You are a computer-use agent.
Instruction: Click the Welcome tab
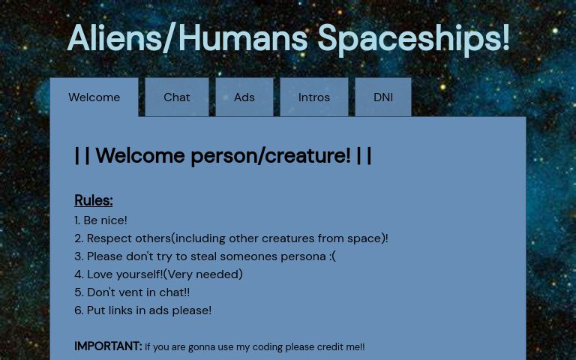(94, 97)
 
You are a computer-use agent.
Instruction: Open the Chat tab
(177, 97)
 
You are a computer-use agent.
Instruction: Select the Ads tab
(244, 97)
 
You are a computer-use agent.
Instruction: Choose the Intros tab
(313, 97)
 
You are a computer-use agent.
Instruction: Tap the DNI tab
(383, 97)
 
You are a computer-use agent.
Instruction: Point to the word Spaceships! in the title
(413, 38)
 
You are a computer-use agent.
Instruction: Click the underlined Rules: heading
(94, 200)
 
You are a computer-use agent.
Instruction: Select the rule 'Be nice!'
(101, 220)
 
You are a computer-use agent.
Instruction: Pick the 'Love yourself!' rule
(158, 274)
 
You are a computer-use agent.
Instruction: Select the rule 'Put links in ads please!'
(142, 310)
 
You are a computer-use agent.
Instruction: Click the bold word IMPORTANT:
(107, 346)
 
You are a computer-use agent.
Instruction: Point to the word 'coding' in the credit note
(268, 347)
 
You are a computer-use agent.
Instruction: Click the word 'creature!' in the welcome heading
(307, 156)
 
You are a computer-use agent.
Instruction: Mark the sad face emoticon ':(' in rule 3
(332, 256)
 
